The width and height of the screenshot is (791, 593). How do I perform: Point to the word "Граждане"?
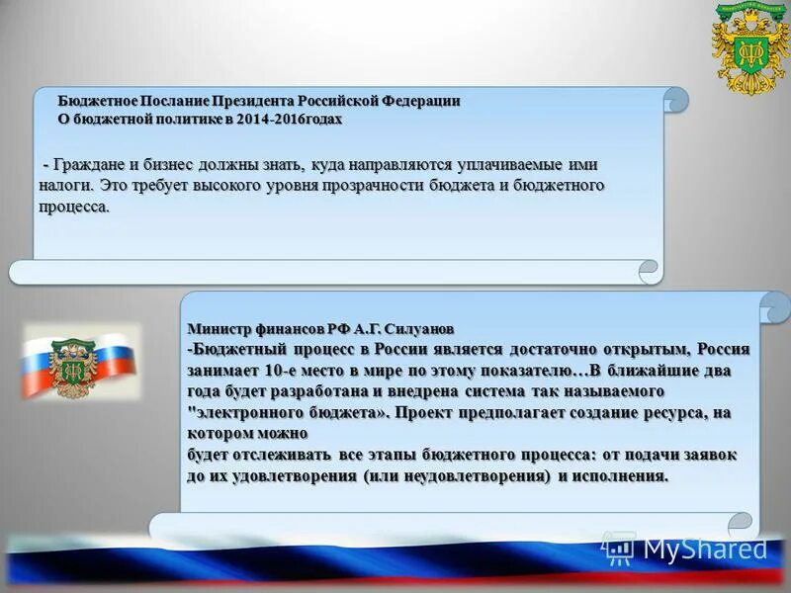[91, 165]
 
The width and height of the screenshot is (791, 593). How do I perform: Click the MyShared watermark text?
[705, 548]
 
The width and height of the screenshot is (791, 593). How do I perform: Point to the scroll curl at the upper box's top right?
[675, 98]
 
